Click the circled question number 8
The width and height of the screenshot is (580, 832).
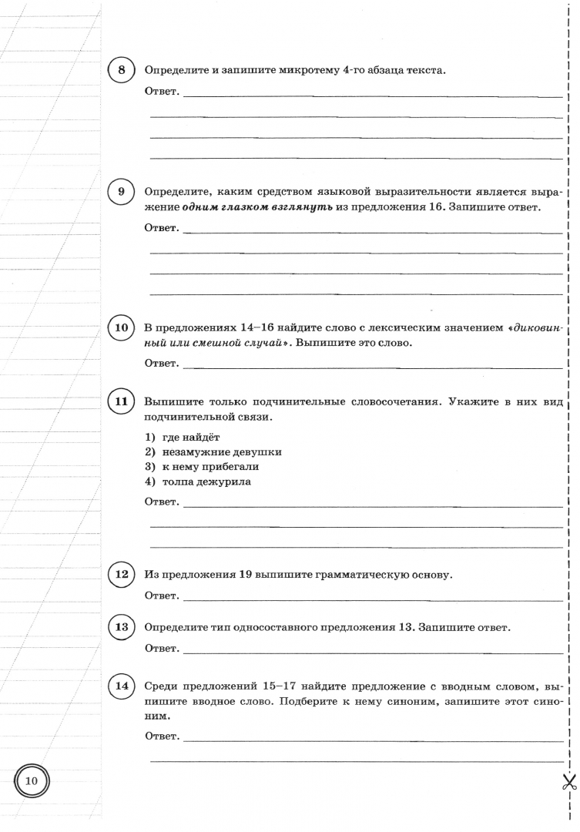122,71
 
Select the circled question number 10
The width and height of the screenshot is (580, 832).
122,327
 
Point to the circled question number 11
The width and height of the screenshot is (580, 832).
122,401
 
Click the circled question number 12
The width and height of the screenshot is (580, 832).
122,575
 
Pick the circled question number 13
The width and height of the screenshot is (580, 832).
122,627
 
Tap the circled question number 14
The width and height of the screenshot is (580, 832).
122,686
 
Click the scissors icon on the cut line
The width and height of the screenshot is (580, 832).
569,783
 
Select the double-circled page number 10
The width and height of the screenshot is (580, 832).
32,781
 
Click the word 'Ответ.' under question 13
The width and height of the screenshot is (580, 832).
162,649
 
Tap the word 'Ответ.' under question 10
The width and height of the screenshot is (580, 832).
162,364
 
